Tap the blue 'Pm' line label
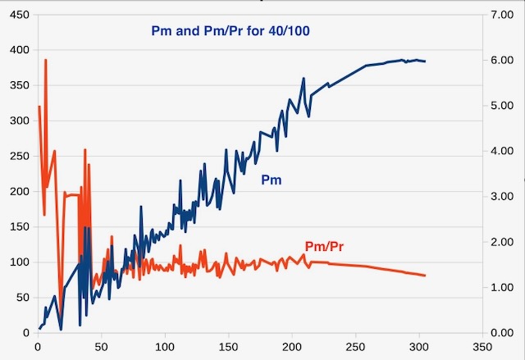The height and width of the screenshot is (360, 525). tap(272, 180)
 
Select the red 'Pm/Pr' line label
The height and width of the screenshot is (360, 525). tap(324, 246)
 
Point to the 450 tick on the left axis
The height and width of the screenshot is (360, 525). tap(17, 14)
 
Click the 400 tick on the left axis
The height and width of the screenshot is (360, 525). tap(17, 49)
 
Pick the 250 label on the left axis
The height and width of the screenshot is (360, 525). tap(17, 156)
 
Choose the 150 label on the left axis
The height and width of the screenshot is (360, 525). tap(17, 226)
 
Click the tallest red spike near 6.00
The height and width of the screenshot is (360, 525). tap(46, 60)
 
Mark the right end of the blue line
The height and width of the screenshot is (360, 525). tap(425, 62)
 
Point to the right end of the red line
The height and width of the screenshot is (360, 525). tap(425, 276)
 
